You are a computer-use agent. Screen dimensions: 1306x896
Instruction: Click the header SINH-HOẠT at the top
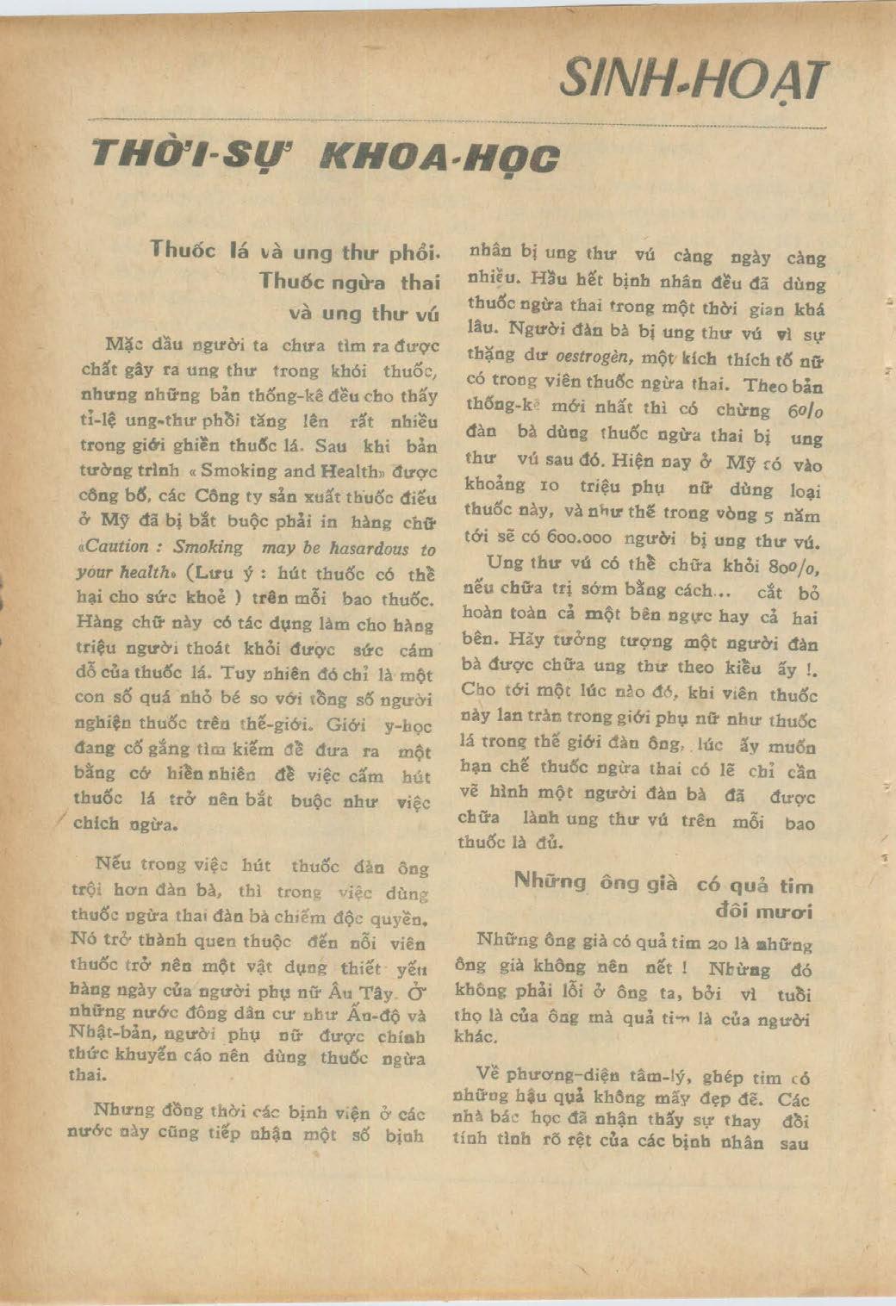click(694, 81)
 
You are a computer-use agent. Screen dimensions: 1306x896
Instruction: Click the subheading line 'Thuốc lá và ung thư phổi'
click(296, 252)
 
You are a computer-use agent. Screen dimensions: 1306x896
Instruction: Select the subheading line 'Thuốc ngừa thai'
click(349, 282)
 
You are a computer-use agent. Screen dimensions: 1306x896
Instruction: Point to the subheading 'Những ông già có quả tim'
click(663, 883)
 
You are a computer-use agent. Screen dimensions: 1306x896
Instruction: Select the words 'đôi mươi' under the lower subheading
click(764, 911)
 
